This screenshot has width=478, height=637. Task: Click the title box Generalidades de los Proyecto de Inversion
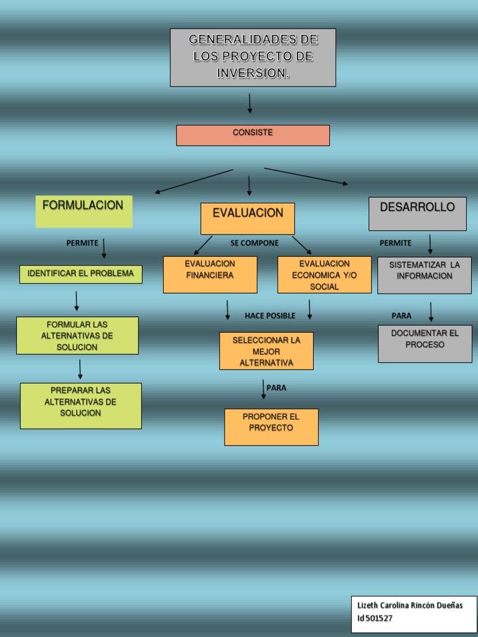point(253,57)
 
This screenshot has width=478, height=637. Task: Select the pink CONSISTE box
point(253,135)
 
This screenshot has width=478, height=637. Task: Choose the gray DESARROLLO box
point(417,213)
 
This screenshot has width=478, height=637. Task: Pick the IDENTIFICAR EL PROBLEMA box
point(81,274)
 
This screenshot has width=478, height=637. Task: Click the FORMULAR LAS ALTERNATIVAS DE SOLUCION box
point(77,336)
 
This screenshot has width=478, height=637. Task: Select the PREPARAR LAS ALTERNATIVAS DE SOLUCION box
point(81,406)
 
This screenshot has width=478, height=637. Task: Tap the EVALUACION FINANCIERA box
point(210,274)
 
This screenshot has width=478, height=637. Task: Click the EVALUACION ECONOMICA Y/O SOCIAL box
point(324,275)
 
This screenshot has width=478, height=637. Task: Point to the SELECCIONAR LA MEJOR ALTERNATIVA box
point(266,351)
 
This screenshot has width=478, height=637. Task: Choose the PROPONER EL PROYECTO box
point(271,427)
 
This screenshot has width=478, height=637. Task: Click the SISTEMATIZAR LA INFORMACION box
point(424,275)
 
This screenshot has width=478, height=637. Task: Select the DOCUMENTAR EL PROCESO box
point(424,343)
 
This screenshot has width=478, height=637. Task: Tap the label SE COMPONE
point(255,243)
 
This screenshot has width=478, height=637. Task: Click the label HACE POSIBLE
point(270,316)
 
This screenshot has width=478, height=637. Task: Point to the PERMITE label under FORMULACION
point(82,243)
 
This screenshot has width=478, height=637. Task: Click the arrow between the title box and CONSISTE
point(250,103)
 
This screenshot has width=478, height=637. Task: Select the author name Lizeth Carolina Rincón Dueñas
point(410,606)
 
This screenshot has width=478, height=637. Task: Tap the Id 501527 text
point(375,618)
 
